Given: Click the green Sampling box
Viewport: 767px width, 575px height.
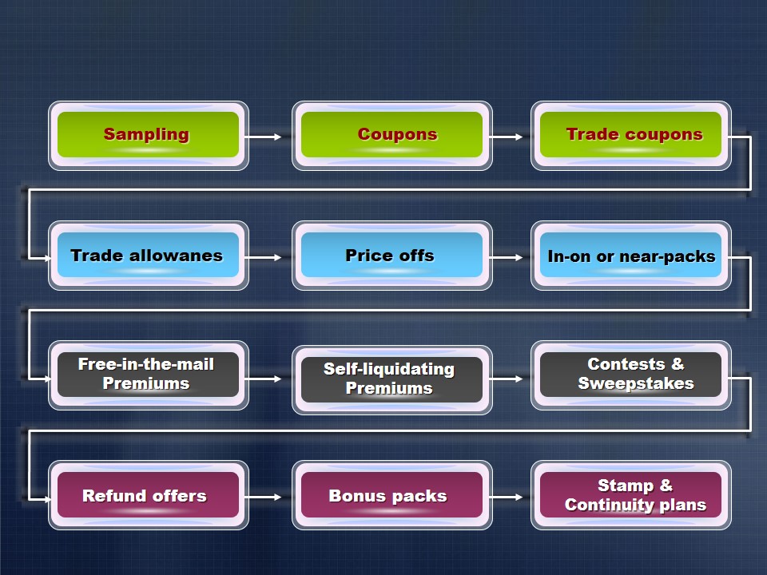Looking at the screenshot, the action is (149, 136).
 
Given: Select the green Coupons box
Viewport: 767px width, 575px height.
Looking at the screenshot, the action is (391, 136).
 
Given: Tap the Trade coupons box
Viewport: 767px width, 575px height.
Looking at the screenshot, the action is (631, 136).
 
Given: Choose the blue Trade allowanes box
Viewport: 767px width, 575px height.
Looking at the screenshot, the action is (149, 256).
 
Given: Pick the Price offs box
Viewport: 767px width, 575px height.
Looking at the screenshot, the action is (391, 256).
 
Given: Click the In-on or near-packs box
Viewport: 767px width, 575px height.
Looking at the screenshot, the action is (631, 256).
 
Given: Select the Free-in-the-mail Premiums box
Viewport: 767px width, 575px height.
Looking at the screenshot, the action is (149, 375).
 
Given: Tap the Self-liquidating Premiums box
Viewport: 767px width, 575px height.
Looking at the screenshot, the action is (391, 380).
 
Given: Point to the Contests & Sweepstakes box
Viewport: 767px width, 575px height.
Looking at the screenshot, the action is (631, 375).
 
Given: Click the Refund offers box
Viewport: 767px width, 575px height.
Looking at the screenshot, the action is (149, 495).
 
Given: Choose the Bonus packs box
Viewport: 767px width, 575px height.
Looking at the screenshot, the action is (391, 495).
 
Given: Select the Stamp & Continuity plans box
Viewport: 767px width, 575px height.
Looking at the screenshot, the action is (631, 495).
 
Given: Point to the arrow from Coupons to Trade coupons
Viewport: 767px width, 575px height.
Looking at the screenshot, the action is (506, 137).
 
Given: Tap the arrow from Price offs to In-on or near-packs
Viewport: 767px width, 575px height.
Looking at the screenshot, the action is (506, 257).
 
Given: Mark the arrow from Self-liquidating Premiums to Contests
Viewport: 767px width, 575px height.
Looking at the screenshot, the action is (506, 379).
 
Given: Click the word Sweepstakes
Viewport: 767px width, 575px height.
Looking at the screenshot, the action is (636, 383).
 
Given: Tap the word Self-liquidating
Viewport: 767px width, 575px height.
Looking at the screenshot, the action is (389, 369).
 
